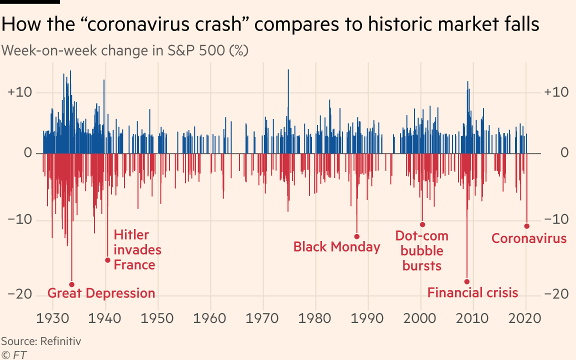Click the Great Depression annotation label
101,293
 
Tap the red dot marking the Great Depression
71,284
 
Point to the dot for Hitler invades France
107,260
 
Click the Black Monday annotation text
336,247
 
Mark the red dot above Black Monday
357,236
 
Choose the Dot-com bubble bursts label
421,250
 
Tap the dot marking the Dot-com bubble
422,224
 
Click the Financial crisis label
472,292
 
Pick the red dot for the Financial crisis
467,281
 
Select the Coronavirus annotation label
529,238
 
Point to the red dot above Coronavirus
526,226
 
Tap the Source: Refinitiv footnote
41,341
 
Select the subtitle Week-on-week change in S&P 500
125,50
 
